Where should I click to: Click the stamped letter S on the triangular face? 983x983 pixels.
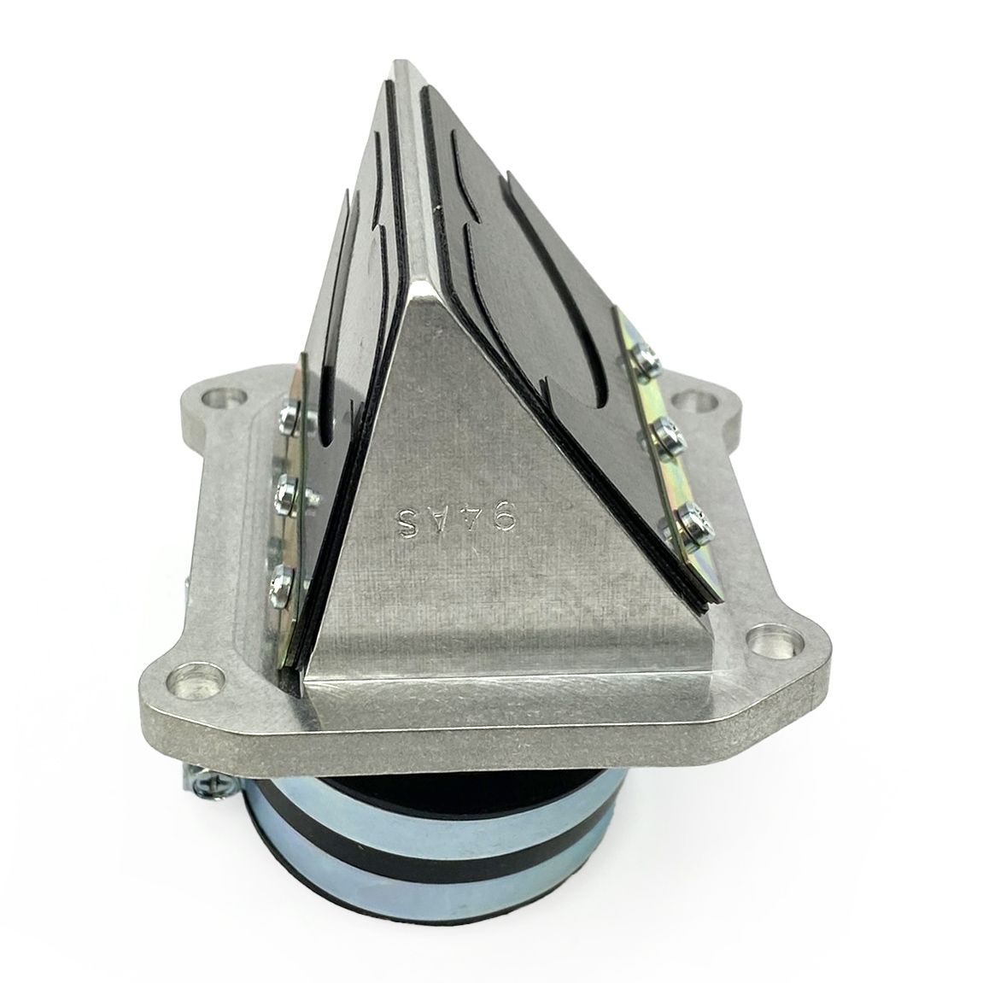[x=409, y=522]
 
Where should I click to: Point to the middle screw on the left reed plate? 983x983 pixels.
[x=282, y=494]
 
